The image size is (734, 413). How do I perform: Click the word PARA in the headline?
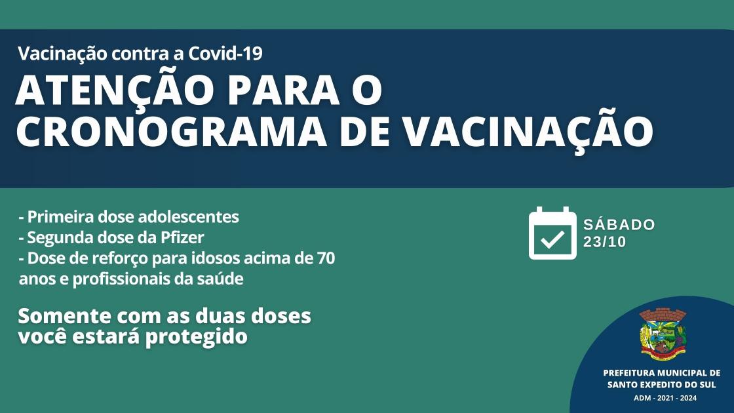coord(284,90)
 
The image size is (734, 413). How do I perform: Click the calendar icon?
coord(552,233)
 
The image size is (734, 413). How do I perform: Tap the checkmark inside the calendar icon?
coord(552,240)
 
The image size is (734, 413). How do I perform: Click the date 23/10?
coord(604,242)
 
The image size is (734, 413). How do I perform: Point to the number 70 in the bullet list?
coord(326,258)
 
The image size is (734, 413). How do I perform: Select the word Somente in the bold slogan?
coord(64,316)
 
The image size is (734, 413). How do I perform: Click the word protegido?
coord(196,337)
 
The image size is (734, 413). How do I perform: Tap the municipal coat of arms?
coord(662,334)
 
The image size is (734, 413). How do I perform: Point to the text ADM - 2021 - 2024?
coord(665,398)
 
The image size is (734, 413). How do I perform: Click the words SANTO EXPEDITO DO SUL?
coord(661,385)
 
